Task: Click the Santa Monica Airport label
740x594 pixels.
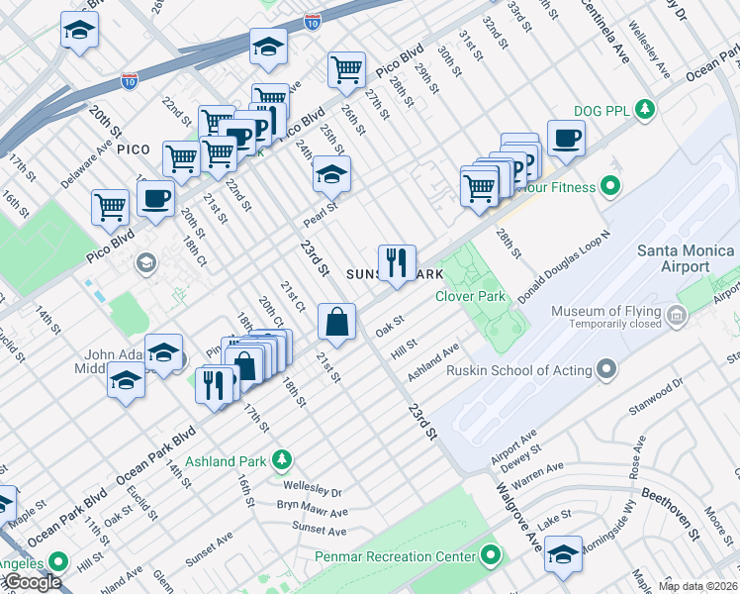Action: point(687,258)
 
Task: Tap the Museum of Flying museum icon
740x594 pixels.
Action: point(677,317)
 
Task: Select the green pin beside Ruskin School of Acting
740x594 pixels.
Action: point(607,371)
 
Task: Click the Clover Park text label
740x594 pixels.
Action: point(471,296)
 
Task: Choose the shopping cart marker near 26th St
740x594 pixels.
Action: point(346,69)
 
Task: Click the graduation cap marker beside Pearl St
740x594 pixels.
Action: point(332,175)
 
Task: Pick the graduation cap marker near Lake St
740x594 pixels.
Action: point(563,553)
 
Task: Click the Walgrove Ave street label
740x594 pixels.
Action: point(519,518)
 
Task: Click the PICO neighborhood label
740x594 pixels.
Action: point(133,149)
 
